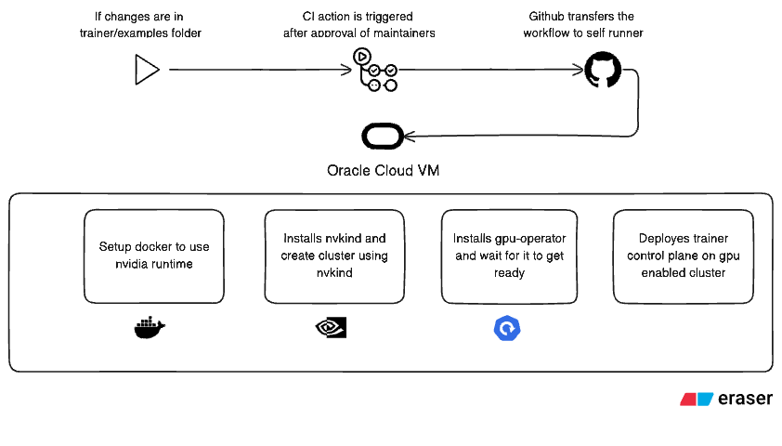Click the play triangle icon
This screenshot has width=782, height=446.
pos(146,70)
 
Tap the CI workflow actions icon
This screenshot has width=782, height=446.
pos(374,71)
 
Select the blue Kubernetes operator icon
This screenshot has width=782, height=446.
pos(508,328)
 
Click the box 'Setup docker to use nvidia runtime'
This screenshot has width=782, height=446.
pos(154,256)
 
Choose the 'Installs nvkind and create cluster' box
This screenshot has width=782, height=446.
pos(334,256)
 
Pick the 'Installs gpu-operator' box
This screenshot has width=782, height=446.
pos(509,256)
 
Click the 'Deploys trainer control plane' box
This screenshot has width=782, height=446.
pos(682,256)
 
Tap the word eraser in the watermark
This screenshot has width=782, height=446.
pos(745,400)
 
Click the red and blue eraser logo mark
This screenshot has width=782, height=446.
pos(696,400)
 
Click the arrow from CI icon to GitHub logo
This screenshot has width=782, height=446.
pos(488,70)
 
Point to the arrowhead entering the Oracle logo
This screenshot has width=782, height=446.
pos(410,137)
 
